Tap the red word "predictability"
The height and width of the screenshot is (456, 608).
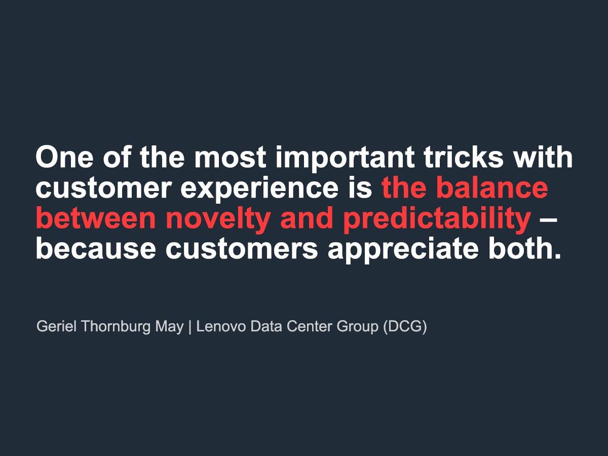tap(436, 219)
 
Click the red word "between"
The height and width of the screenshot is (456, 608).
tap(96, 219)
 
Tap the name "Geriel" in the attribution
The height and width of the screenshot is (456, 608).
tap(57, 327)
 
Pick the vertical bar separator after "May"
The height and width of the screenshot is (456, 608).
tap(190, 327)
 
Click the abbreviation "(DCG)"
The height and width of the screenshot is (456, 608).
tap(405, 327)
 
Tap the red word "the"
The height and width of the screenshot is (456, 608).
tap(405, 188)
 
